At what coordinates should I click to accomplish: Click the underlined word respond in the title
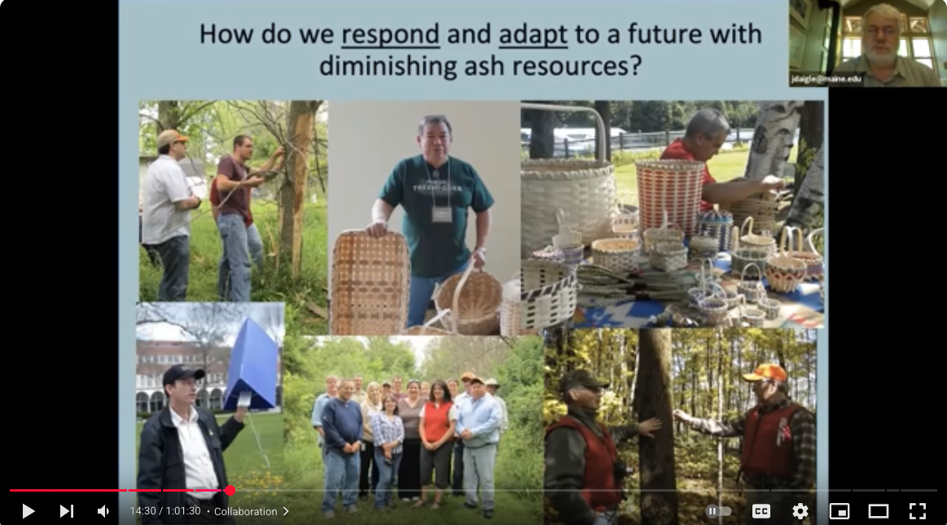tap(391, 35)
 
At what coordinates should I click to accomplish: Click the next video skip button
tap(67, 511)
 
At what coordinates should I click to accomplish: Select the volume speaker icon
tap(103, 511)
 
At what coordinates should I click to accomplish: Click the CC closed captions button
tap(761, 511)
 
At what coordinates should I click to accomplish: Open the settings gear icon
tap(800, 511)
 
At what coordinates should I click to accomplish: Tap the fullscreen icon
tap(918, 511)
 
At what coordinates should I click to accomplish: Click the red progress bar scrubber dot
tap(230, 490)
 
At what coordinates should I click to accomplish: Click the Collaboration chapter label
tap(246, 512)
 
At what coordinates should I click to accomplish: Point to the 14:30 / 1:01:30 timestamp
tap(165, 512)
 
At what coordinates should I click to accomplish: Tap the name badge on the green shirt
tap(441, 213)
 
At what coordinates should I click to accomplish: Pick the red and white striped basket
tap(669, 196)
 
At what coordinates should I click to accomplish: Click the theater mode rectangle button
tap(878, 511)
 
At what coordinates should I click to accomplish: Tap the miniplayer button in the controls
tap(839, 511)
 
